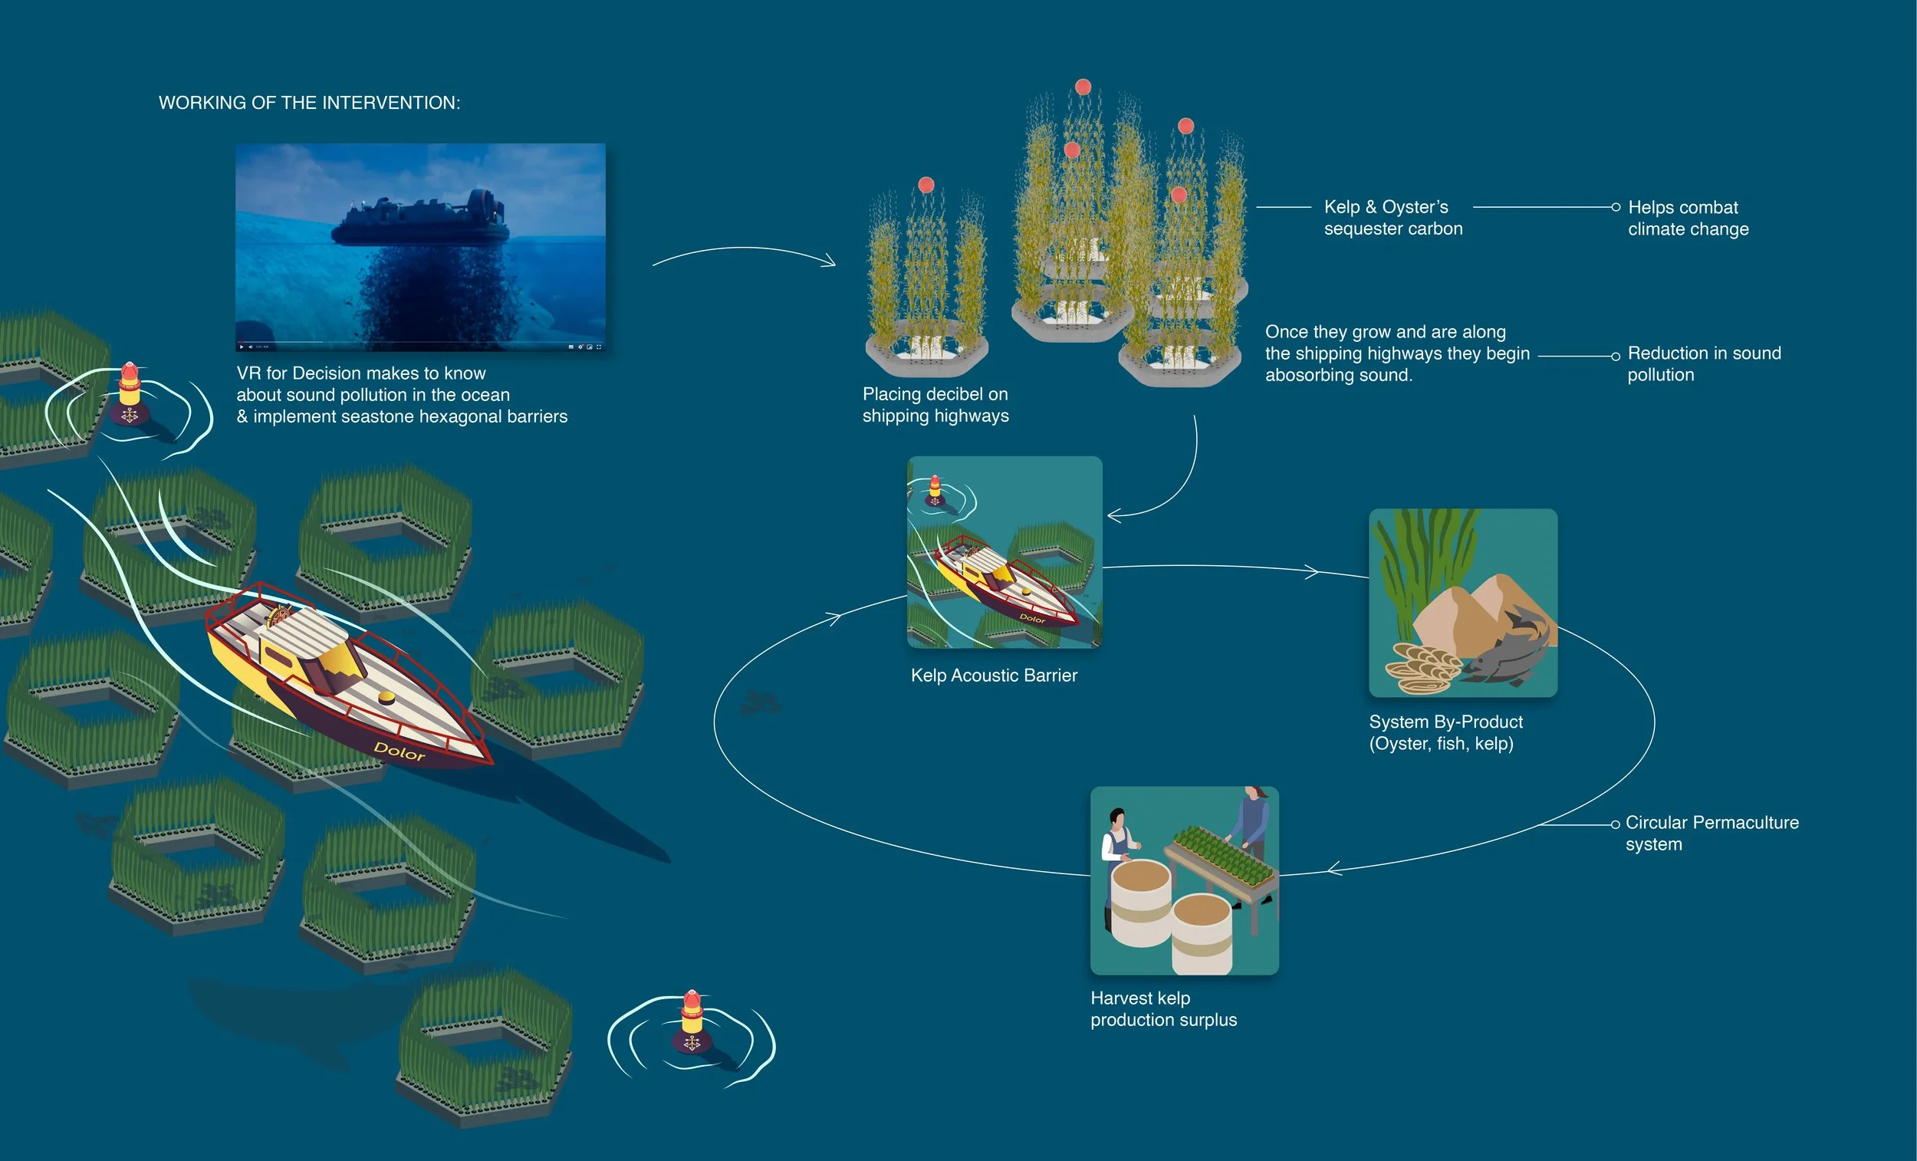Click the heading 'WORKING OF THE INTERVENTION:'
309,103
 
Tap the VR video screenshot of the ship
420,246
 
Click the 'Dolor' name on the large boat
399,751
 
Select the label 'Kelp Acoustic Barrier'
994,676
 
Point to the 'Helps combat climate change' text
1688,218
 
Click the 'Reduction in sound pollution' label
1703,363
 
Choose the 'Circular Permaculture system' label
1711,833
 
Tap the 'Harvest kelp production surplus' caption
1162,1008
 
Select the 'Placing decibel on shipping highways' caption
935,405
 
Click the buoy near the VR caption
130,393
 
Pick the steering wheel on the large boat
278,616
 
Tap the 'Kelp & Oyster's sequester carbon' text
1393,218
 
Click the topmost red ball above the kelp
1083,87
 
